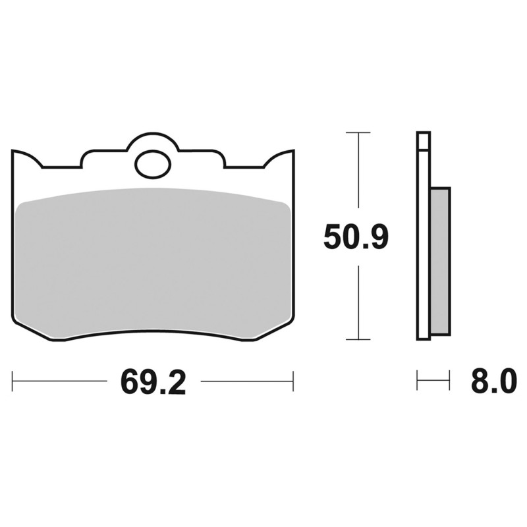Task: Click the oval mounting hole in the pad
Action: click(x=153, y=165)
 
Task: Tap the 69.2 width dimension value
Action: click(x=153, y=381)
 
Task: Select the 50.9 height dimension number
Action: click(x=356, y=236)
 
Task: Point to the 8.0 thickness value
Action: click(x=493, y=381)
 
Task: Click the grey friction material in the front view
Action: click(x=153, y=262)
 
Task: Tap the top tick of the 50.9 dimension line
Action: click(x=358, y=133)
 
